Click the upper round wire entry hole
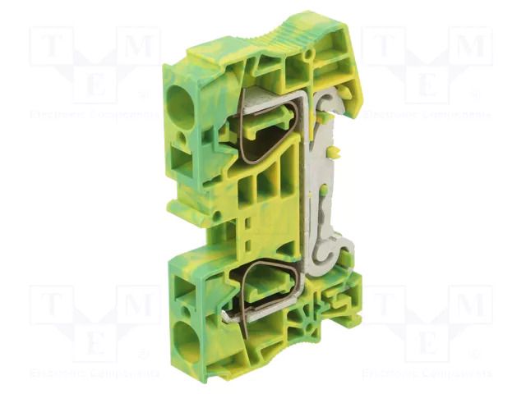point(178,104)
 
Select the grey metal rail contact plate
point(328,189)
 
